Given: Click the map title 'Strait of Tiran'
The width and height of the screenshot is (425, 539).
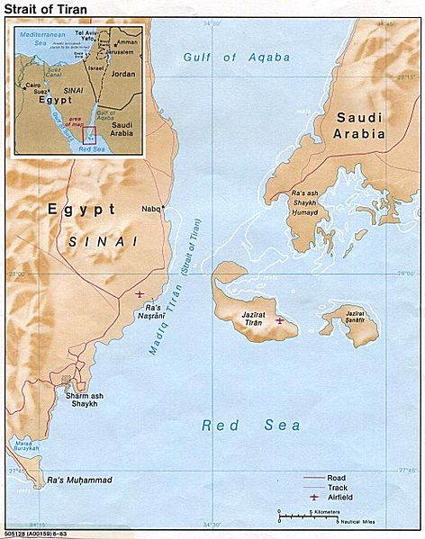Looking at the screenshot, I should coord(42,11).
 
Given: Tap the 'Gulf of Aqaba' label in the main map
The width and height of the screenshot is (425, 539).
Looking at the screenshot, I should coord(237,57).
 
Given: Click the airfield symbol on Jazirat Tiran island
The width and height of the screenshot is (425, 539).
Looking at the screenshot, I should coord(279,319).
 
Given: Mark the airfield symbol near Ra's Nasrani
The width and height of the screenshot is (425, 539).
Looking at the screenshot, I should coord(139,293).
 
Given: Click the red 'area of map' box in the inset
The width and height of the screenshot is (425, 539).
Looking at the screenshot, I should coord(89,135).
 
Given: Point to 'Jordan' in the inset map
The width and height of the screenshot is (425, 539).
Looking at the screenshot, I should coord(122,75).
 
